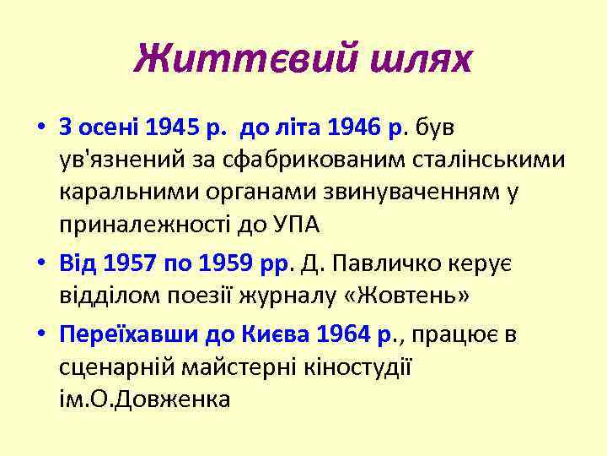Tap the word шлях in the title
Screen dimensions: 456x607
[x=416, y=58]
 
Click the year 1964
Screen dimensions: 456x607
[x=342, y=335]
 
